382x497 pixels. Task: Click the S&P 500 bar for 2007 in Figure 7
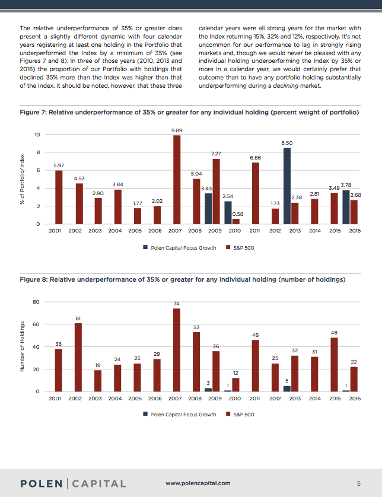(176, 180)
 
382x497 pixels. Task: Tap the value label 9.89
(176, 130)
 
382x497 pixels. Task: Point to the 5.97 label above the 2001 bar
(58, 165)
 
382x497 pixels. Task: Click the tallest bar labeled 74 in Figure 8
(176, 350)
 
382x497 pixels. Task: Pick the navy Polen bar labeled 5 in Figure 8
(286, 388)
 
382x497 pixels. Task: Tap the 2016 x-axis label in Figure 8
(355, 399)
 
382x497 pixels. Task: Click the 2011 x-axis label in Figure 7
(256, 231)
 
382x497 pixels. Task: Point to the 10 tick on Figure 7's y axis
(37, 135)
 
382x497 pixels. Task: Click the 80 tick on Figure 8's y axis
(36, 302)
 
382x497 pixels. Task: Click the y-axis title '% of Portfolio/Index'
(22, 179)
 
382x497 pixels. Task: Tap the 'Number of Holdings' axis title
(22, 347)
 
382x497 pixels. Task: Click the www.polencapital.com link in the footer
(198, 483)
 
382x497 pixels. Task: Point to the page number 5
(358, 483)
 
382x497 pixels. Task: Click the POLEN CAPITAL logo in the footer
(74, 483)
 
